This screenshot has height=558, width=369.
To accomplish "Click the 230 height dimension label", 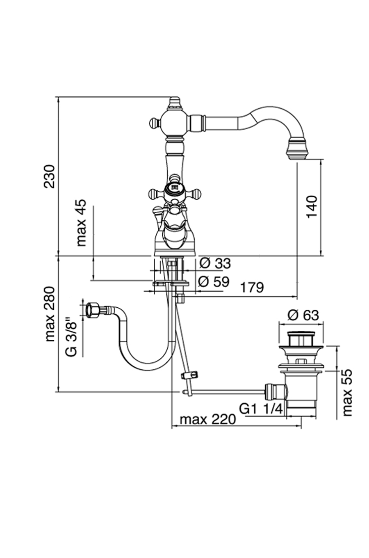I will pos(50,176).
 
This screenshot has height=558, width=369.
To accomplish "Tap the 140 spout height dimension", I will pos(312,207).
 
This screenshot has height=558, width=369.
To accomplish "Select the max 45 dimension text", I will pos(82,222).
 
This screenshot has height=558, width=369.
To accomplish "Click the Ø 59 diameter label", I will pos(214,281).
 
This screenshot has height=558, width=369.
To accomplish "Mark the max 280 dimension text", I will pos(50,314).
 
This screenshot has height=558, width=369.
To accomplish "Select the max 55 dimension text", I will pos(347,393).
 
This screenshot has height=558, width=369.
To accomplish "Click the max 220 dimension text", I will pos(208,419).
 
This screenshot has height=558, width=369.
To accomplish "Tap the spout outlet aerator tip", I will pos(298,150).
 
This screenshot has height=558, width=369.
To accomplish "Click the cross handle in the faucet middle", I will pos(175,191).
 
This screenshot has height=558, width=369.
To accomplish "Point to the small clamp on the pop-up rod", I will pos(189,375).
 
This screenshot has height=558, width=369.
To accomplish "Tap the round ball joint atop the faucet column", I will pos(174,122).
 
